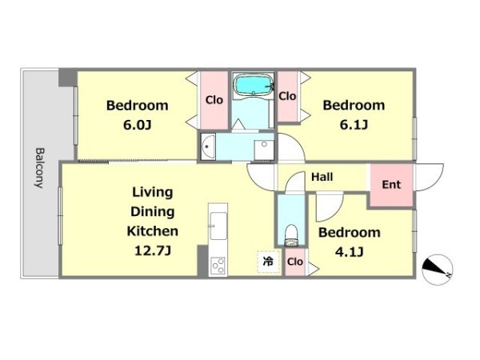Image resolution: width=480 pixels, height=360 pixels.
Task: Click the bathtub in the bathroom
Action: pyautogui.click(x=253, y=85)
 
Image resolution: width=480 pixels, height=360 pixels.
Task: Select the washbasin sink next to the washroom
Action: pyautogui.click(x=208, y=146)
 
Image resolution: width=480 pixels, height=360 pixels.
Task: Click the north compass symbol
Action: pyautogui.click(x=437, y=270)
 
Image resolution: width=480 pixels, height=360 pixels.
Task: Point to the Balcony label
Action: pyautogui.click(x=39, y=168)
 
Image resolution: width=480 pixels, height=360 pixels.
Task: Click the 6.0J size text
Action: pyautogui.click(x=137, y=125)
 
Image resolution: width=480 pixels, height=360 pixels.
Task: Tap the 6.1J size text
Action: pyautogui.click(x=354, y=125)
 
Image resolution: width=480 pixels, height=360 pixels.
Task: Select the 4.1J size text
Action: pyautogui.click(x=350, y=252)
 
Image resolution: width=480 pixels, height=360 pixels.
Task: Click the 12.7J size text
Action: pyautogui.click(x=153, y=250)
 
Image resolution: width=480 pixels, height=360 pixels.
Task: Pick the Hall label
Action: pyautogui.click(x=322, y=177)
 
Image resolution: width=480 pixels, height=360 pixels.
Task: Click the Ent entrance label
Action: pyautogui.click(x=391, y=184)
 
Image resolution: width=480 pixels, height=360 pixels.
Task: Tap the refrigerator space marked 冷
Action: pyautogui.click(x=269, y=262)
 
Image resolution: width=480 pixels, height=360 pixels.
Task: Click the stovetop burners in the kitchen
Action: pyautogui.click(x=218, y=265)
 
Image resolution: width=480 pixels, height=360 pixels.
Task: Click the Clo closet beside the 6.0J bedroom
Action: pyautogui.click(x=214, y=100)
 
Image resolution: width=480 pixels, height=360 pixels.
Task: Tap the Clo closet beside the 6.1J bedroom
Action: pyautogui.click(x=287, y=96)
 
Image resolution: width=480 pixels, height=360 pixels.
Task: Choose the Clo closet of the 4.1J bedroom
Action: pyautogui.click(x=295, y=262)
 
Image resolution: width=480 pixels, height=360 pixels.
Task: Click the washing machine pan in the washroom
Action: pyautogui.click(x=264, y=150)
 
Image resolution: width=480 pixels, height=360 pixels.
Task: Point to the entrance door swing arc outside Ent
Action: pyautogui.click(x=429, y=178)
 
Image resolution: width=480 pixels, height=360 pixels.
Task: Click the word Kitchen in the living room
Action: pyautogui.click(x=153, y=231)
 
